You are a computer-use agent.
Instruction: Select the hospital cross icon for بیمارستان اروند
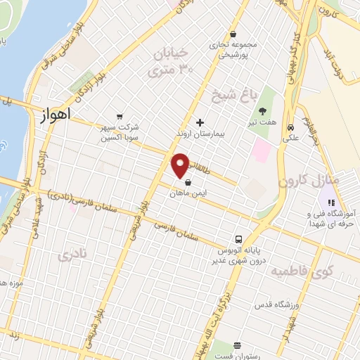200,122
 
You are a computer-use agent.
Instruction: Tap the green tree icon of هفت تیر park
262,111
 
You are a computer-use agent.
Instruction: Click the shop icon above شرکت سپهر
119,117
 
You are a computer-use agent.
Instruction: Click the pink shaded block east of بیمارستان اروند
261,150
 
